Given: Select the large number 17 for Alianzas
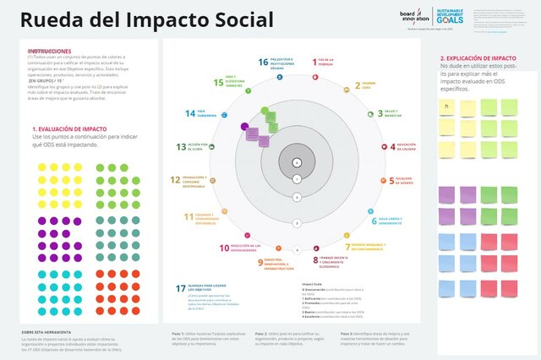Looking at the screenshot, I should pyautogui.click(x=181, y=289).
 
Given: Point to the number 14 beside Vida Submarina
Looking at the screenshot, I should pyautogui.click(x=190, y=113).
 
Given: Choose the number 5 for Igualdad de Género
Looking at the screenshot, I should pyautogui.click(x=391, y=181).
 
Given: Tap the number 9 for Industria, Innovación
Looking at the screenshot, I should pyautogui.click(x=261, y=262).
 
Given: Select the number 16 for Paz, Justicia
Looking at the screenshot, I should pyautogui.click(x=264, y=63).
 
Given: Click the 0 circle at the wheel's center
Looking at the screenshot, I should pyautogui.click(x=296, y=161).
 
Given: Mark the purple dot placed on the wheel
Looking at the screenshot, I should pyautogui.click(x=244, y=127).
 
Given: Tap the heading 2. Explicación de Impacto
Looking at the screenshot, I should pyautogui.click(x=478, y=58).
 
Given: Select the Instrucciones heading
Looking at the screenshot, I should pyautogui.click(x=49, y=51).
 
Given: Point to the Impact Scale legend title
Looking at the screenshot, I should pyautogui.click(x=311, y=283).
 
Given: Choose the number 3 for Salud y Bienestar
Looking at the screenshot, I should pyautogui.click(x=378, y=112).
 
